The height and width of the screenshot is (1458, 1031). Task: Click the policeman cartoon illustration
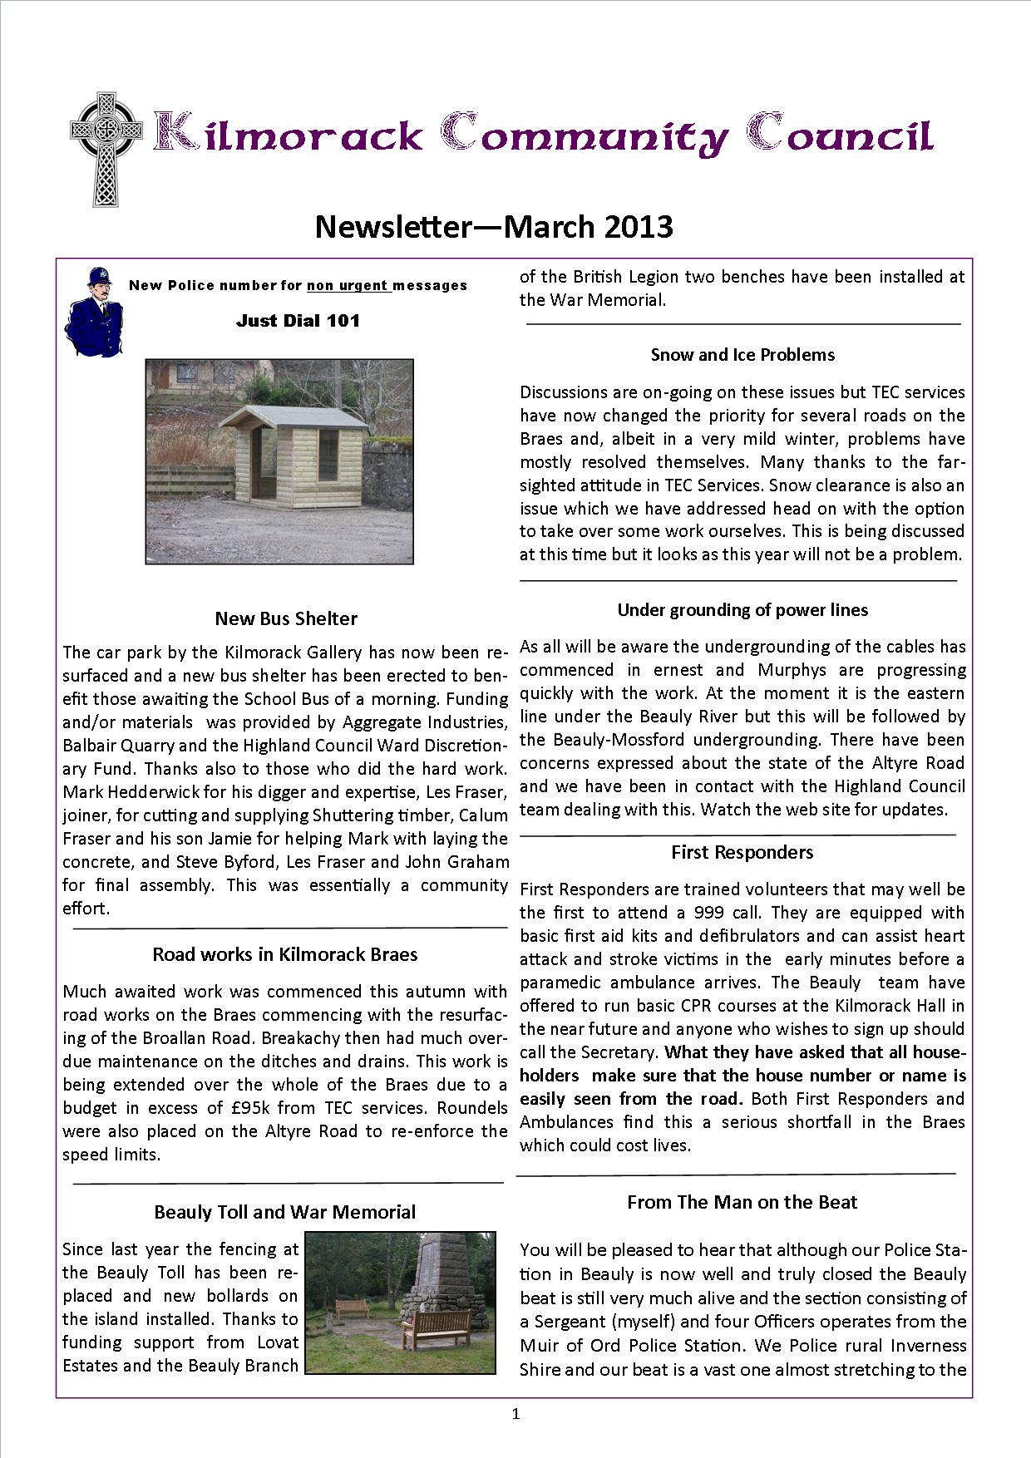pyautogui.click(x=94, y=313)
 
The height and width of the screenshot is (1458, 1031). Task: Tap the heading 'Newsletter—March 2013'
pyautogui.click(x=494, y=227)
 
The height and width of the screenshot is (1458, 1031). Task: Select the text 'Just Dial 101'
pyautogui.click(x=298, y=321)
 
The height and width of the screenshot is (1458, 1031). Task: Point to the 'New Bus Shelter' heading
pyautogui.click(x=286, y=618)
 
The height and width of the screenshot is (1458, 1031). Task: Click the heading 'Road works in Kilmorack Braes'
pyautogui.click(x=285, y=954)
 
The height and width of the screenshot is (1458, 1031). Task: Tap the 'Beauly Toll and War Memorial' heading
pyautogui.click(x=285, y=1212)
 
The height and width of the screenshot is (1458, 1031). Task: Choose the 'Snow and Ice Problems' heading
pyautogui.click(x=742, y=355)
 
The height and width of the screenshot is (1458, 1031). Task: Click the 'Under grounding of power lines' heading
pyautogui.click(x=742, y=610)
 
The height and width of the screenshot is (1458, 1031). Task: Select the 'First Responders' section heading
pyautogui.click(x=742, y=852)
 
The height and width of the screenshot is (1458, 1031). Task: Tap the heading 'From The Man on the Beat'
pyautogui.click(x=742, y=1202)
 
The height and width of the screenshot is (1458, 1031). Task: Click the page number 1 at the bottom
pyautogui.click(x=515, y=1414)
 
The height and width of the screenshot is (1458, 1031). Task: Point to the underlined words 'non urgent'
pyautogui.click(x=347, y=286)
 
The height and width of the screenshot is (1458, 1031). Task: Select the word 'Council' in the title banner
pyautogui.click(x=840, y=135)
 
